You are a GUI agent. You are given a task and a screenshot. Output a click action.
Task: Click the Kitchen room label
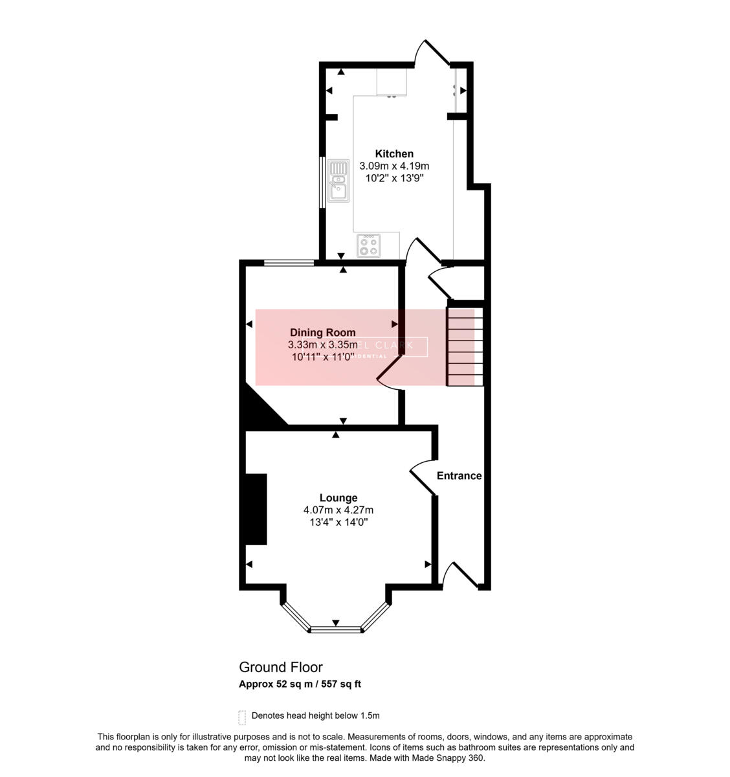click(x=394, y=153)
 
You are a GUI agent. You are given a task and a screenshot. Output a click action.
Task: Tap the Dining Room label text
click(x=322, y=333)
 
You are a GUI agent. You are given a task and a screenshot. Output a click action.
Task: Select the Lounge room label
click(x=338, y=498)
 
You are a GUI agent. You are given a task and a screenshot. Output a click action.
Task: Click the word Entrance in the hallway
click(x=459, y=476)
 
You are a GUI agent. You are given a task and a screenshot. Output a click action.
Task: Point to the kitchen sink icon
click(x=338, y=181)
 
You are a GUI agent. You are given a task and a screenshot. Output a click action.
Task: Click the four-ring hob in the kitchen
click(x=370, y=246)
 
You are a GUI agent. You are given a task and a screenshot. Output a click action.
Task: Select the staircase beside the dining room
click(x=465, y=346)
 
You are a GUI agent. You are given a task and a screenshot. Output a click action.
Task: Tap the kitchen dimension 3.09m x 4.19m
click(x=394, y=166)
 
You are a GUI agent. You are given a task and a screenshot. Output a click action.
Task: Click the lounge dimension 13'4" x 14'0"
click(x=338, y=522)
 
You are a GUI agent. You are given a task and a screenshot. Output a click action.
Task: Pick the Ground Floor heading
click(x=281, y=667)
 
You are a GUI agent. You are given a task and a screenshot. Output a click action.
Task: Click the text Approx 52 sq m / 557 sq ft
click(x=300, y=684)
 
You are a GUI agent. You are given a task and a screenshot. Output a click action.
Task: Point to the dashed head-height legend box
click(x=242, y=717)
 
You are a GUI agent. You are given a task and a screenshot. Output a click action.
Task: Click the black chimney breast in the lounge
click(x=254, y=509)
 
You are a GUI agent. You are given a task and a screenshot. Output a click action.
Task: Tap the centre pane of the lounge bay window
click(x=335, y=629)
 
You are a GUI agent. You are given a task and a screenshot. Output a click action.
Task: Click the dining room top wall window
click(x=289, y=262)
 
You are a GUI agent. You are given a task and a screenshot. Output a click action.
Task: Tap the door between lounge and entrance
click(x=423, y=479)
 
